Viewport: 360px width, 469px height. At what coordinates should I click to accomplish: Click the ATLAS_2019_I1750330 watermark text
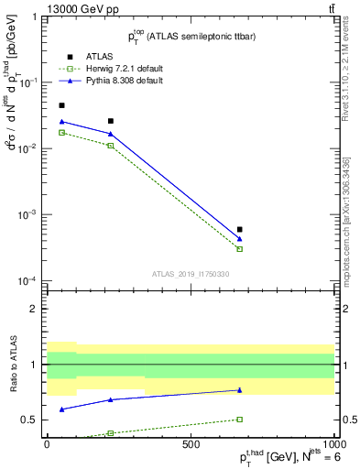pyautogui.click(x=191, y=274)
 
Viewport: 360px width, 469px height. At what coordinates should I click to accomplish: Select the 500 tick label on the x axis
pyautogui.click(x=191, y=443)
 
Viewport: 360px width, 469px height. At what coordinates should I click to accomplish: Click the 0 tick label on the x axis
pyautogui.click(x=48, y=443)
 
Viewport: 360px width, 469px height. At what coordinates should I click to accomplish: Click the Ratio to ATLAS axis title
pyautogui.click(x=12, y=365)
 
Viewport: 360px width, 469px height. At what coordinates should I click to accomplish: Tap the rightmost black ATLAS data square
pyautogui.click(x=240, y=230)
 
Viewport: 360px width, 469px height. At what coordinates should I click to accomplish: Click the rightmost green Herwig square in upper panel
pyautogui.click(x=240, y=249)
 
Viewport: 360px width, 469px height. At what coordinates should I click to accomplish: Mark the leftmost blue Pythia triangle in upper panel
pyautogui.click(x=61, y=121)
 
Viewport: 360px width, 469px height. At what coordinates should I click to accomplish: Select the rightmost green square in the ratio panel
pyautogui.click(x=240, y=420)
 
